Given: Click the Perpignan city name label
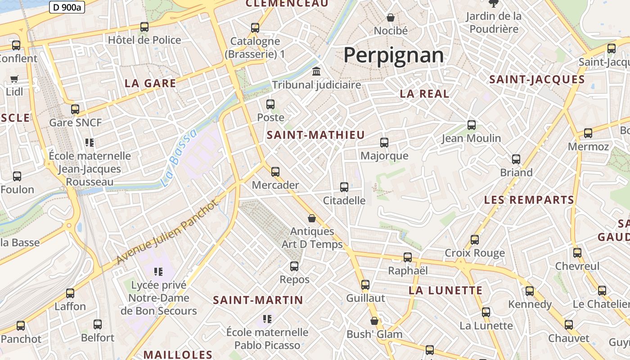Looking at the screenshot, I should point(394,55).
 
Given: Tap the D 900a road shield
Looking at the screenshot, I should point(67,7).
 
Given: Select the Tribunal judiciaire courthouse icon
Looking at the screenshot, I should point(316,72).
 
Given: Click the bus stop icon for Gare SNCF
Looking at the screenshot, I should point(75,109).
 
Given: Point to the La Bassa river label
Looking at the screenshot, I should point(179,157).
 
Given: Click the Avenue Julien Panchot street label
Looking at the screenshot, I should point(167,232).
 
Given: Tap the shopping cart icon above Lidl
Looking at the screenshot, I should point(14,79).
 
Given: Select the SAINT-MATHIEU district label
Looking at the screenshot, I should point(315,135).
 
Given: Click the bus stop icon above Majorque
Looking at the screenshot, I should point(384,143).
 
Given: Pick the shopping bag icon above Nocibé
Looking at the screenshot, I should point(391,18).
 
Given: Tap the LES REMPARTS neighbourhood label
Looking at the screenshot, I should point(529,200).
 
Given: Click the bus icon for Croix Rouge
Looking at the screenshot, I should point(475,240).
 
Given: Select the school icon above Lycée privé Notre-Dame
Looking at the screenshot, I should point(158,271).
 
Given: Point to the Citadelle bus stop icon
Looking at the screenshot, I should point(344,187).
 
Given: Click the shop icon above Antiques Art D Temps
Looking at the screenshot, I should point(312,218).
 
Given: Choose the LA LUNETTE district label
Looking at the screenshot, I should point(445,290).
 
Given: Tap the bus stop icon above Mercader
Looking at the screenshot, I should point(275,171).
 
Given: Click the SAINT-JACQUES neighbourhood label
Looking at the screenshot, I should point(537,80).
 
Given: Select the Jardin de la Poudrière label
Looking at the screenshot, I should point(494,22).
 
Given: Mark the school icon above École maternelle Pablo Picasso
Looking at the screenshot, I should point(267,319).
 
